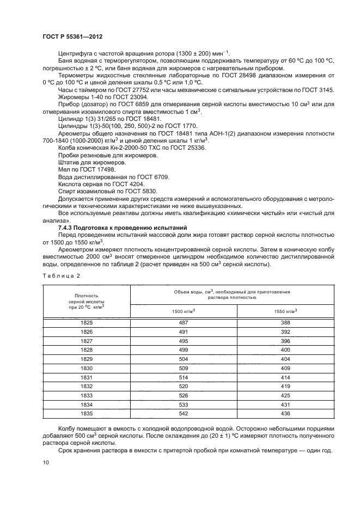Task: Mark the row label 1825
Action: [x=87, y=323]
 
